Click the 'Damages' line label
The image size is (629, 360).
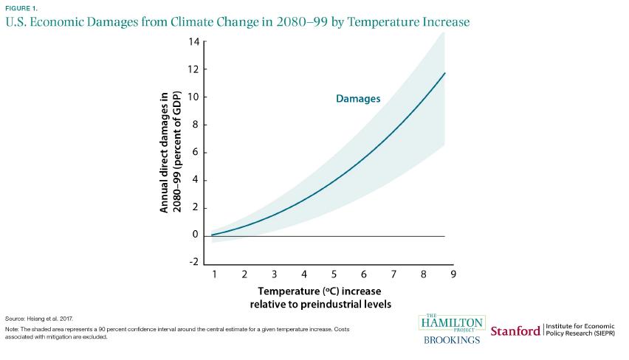click(358, 98)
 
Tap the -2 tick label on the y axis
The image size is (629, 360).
click(193, 263)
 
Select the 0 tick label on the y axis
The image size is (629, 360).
click(196, 235)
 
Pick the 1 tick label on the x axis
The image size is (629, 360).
click(213, 274)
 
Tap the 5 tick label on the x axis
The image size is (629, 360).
click(334, 274)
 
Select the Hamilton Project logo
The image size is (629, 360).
click(451, 323)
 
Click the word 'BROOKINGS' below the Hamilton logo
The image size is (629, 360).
click(451, 339)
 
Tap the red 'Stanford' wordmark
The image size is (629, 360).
click(515, 331)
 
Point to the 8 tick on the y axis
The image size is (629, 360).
click(196, 125)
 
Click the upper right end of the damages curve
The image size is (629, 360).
click(445, 73)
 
